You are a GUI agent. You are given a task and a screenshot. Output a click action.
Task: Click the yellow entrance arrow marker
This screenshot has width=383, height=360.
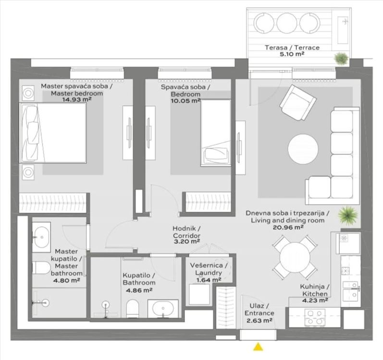coord(258,347)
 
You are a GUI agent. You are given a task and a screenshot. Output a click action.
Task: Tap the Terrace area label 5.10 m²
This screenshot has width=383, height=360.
coord(292,54)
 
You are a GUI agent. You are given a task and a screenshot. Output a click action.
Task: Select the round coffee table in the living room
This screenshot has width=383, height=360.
coord(303,149)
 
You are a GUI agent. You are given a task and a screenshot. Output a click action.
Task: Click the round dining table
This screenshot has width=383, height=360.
coord(295,257)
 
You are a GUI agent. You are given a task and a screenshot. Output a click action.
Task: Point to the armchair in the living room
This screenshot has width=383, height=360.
coord(298,102)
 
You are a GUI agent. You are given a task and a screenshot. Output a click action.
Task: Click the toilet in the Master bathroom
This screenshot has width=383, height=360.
coord(41,267)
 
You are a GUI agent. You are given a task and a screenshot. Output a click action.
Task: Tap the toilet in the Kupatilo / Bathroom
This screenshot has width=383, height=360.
coord(133,309)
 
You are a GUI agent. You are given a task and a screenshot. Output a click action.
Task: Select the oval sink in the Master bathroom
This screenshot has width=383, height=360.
coord(41,237)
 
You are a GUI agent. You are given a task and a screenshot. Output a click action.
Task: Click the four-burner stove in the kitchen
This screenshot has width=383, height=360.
coord(315,317)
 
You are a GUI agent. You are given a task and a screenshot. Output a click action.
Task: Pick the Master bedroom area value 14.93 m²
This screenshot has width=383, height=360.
coord(77,99)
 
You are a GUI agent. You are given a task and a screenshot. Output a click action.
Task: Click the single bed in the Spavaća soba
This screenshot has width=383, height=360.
coord(216,133)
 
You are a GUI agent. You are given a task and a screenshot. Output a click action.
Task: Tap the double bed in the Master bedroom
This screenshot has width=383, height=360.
coord(53,133)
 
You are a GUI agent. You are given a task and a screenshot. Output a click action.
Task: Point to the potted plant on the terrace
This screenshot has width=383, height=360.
coord(341,58)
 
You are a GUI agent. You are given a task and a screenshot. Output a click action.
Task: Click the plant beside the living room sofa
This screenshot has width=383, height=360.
coord(348,215)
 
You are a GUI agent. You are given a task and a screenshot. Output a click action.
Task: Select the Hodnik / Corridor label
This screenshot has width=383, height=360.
coord(186,232)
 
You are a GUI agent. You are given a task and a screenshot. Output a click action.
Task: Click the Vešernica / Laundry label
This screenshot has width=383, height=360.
coord(209,269)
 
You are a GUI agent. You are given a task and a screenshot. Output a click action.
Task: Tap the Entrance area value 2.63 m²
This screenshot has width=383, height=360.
coord(259,321)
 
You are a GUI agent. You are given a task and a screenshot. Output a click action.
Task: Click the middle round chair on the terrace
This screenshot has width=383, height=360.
coord(287,23)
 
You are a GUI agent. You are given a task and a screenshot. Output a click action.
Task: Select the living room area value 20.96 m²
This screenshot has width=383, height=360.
coord(288,228)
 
